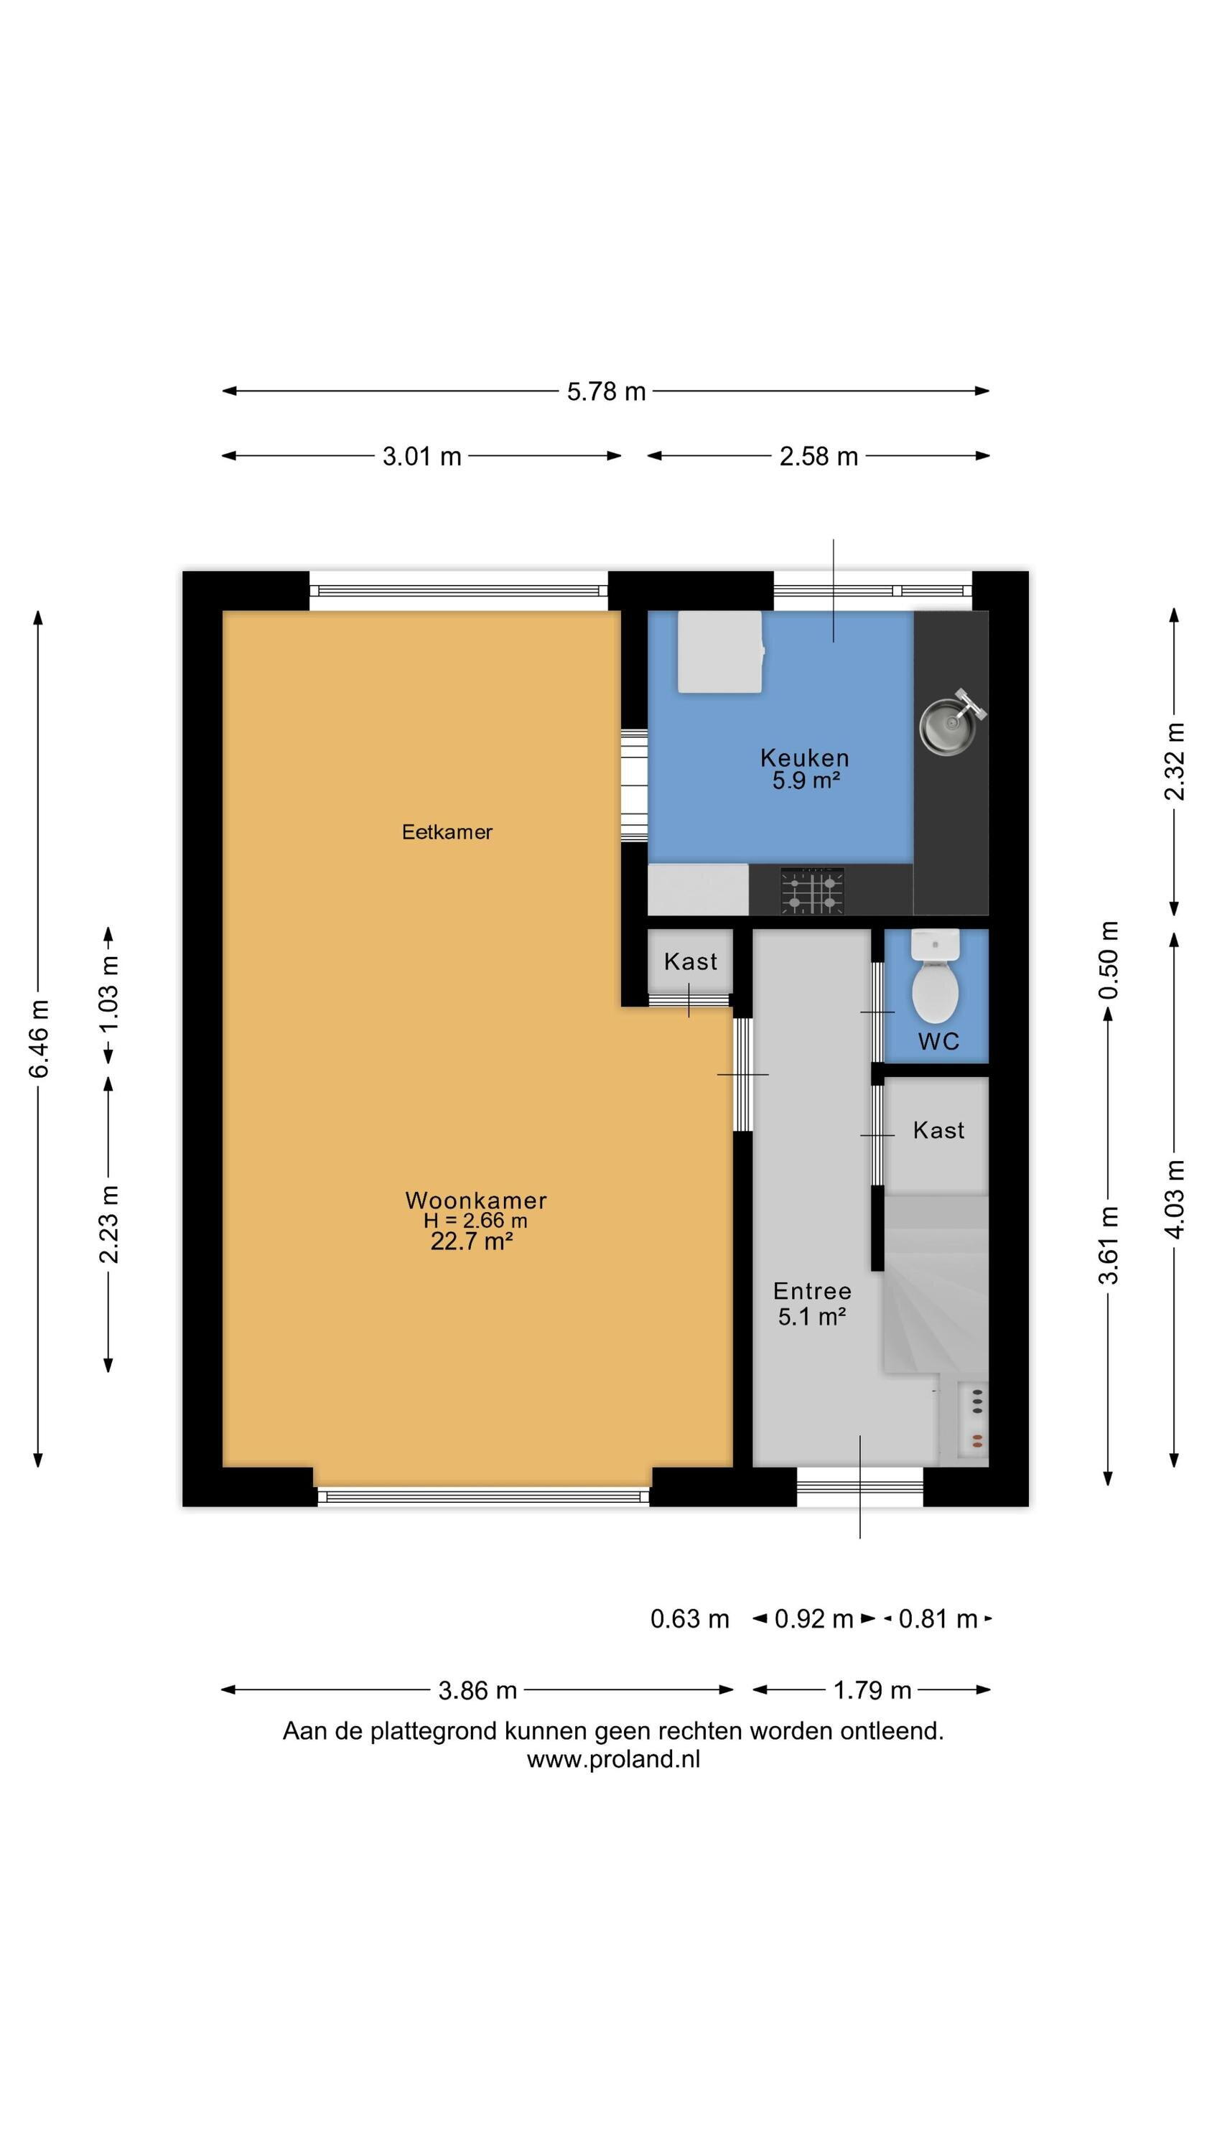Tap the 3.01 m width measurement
[x=421, y=457]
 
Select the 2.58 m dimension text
[x=818, y=457]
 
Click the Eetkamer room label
[x=447, y=832]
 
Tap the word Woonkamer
[x=476, y=1200]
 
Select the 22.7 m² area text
[x=471, y=1241]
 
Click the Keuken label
[x=804, y=757]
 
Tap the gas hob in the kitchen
[x=812, y=890]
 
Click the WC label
[x=938, y=1041]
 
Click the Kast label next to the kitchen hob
[x=690, y=961]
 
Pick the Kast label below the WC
[x=938, y=1131]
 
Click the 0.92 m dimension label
[x=813, y=1619]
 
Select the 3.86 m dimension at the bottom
[x=477, y=1690]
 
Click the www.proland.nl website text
[x=613, y=1758]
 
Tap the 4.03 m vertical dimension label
[x=1175, y=1199]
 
